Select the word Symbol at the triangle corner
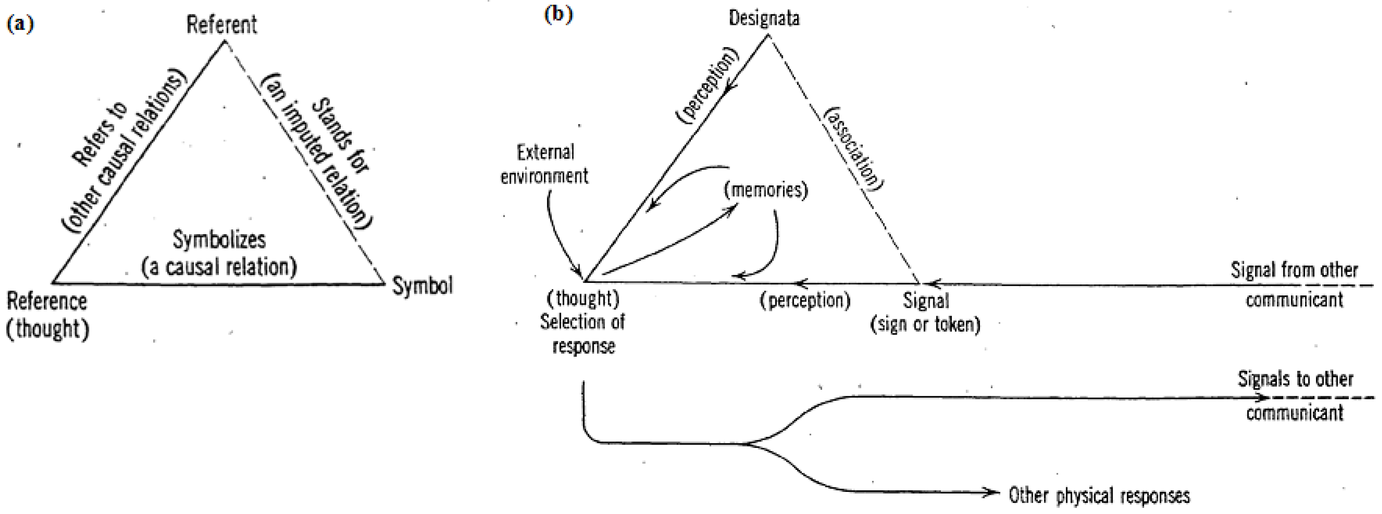[x=422, y=286]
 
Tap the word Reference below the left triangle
[x=47, y=302]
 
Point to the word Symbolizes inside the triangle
[x=219, y=239]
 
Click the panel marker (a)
[x=20, y=24]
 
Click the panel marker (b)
[x=558, y=15]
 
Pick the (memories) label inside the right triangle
[x=766, y=190]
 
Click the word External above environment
[x=545, y=153]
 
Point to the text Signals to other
[x=1295, y=379]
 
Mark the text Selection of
[x=582, y=322]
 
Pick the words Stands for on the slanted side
[x=341, y=135]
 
